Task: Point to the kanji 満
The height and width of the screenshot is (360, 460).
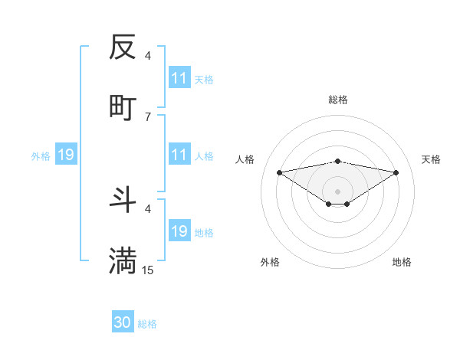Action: (x=123, y=260)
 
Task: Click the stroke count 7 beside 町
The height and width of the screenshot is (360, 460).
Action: (x=148, y=116)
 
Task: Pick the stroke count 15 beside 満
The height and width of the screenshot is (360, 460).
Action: (x=148, y=270)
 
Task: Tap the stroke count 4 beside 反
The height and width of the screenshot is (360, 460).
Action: (x=148, y=56)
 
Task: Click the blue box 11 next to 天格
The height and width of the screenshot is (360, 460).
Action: (x=179, y=78)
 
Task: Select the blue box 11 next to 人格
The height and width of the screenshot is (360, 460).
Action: (x=179, y=155)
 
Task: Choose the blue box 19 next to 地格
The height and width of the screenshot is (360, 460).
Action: (x=179, y=231)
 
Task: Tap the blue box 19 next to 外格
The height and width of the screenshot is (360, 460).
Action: (x=66, y=155)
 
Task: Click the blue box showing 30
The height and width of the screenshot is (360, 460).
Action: (x=123, y=322)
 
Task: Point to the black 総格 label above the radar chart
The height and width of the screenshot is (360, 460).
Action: (x=338, y=100)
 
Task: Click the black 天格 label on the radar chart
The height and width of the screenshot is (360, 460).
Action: (x=432, y=159)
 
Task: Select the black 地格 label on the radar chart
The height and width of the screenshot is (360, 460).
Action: (x=402, y=262)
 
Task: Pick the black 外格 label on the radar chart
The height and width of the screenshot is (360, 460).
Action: (x=270, y=262)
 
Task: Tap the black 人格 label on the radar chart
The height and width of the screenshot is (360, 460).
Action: (x=245, y=159)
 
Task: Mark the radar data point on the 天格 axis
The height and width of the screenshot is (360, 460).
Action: (x=396, y=172)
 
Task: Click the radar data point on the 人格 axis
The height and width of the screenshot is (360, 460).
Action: (x=280, y=172)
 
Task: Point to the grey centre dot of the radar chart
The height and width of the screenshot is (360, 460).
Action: (x=338, y=191)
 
